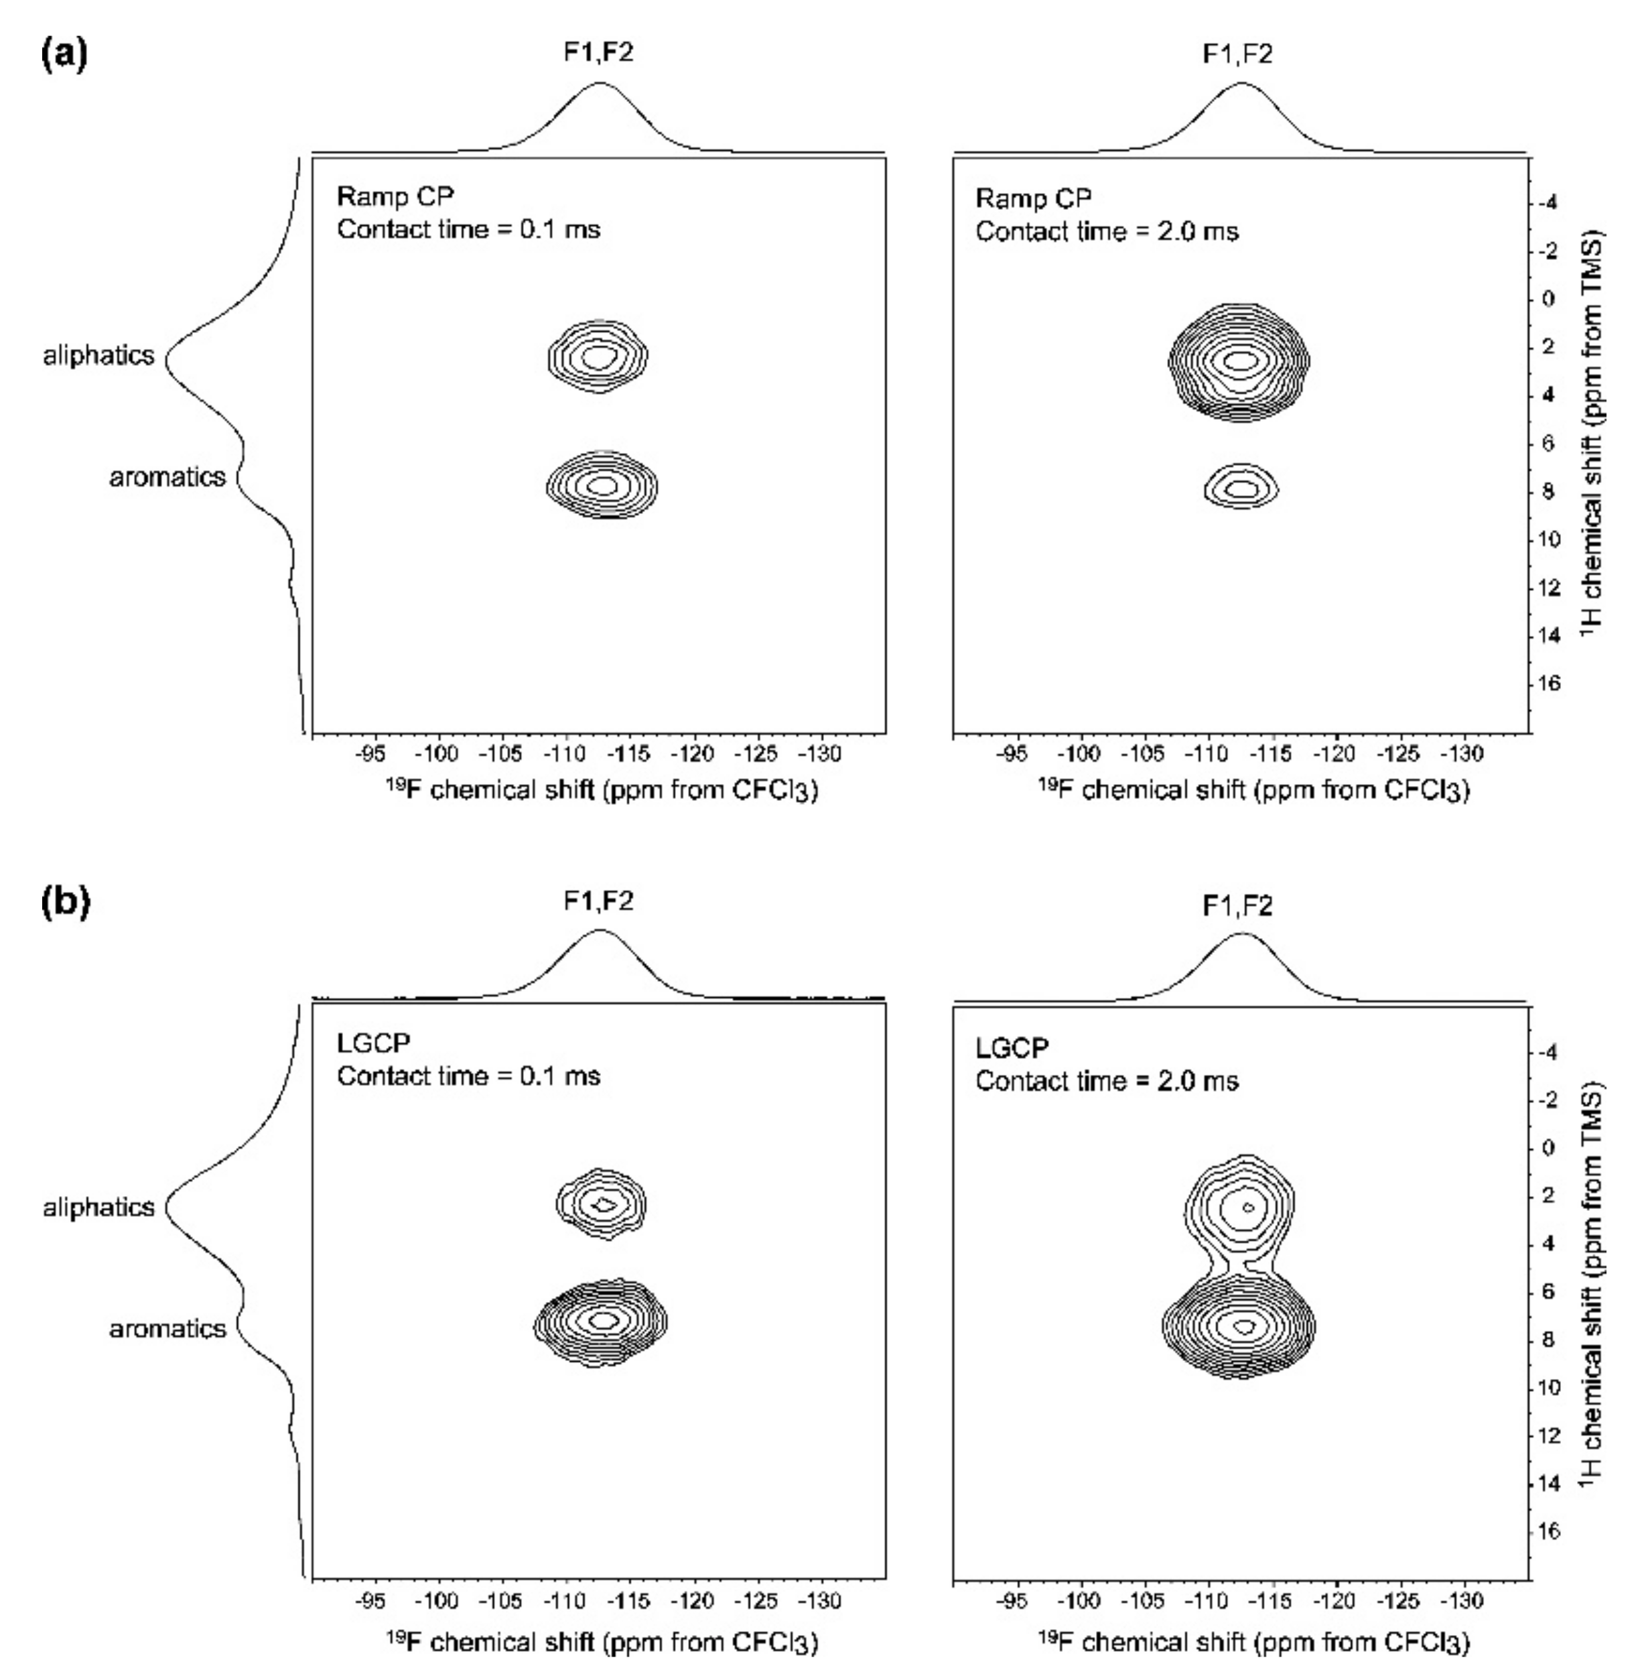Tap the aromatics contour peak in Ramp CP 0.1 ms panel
pyautogui.click(x=602, y=485)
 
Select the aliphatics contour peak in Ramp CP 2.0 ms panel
pyautogui.click(x=1240, y=360)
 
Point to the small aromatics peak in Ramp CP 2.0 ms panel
pyautogui.click(x=1240, y=489)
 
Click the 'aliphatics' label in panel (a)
pyautogui.click(x=99, y=355)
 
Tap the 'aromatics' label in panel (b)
pyautogui.click(x=167, y=1328)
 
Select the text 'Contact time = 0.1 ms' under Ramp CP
pyautogui.click(x=468, y=230)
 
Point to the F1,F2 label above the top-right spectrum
pyautogui.click(x=1238, y=54)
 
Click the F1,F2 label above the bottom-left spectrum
pyautogui.click(x=599, y=902)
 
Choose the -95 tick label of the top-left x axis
pyautogui.click(x=371, y=755)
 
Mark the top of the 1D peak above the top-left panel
pyautogui.click(x=600, y=84)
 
